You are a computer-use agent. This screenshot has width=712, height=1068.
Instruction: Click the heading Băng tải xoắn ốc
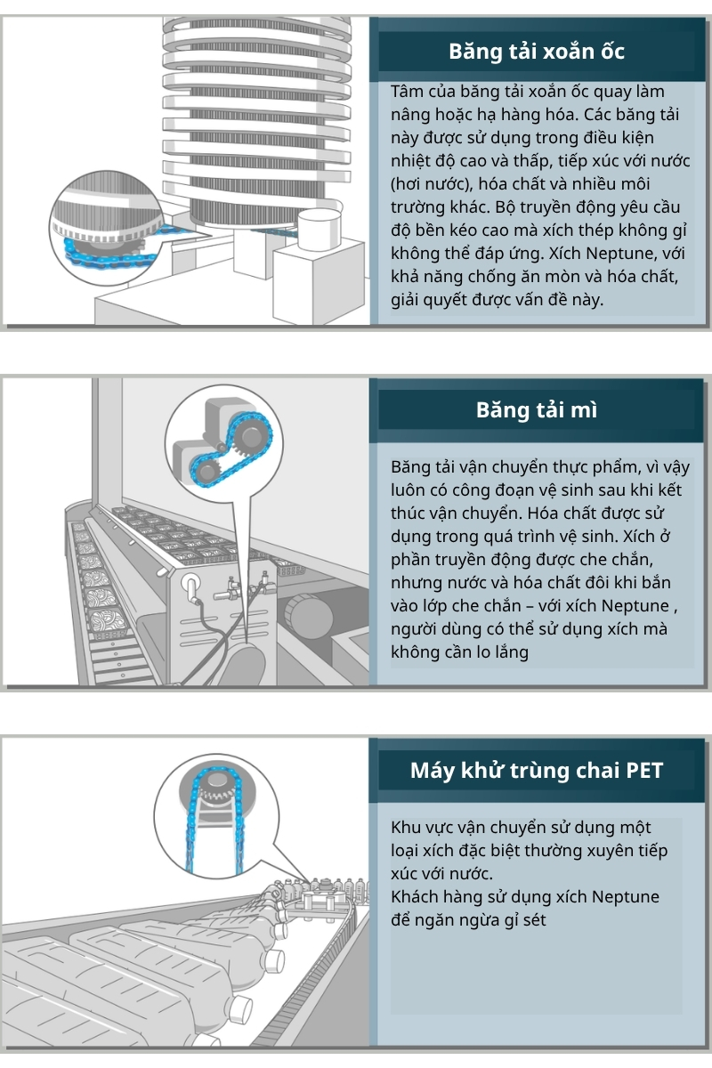tap(537, 52)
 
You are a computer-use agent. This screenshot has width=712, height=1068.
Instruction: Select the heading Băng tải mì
tap(537, 409)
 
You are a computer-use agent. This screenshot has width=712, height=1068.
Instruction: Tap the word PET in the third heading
tap(644, 770)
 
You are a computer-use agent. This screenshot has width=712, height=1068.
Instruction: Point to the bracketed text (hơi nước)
tap(435, 184)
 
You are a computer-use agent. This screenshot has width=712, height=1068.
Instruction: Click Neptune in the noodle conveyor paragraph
tap(633, 606)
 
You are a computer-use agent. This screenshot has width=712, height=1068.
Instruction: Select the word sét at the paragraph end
tap(529, 919)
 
